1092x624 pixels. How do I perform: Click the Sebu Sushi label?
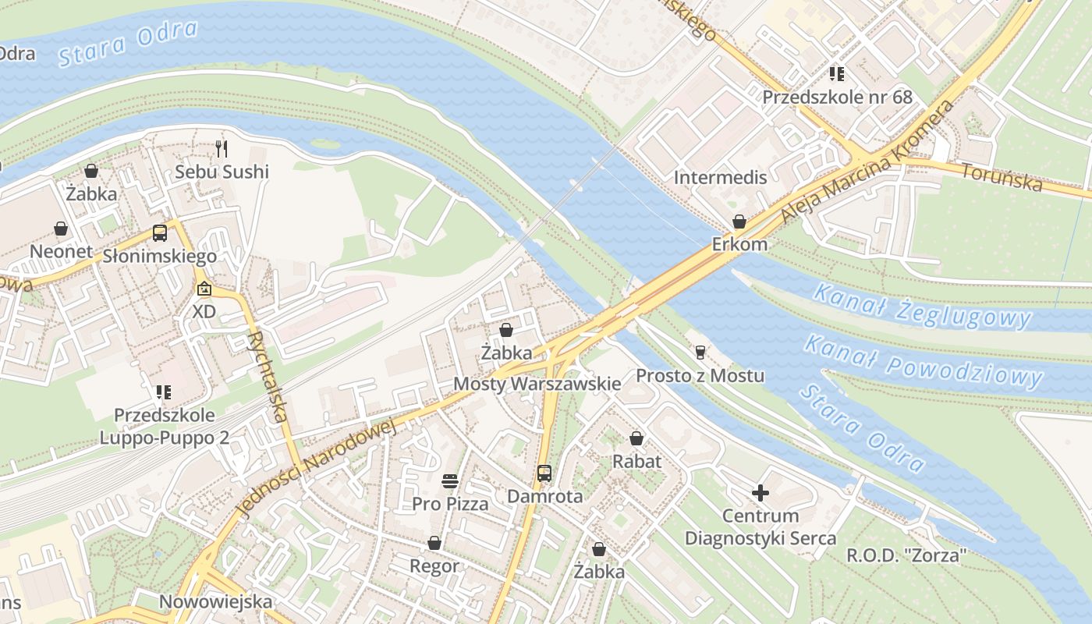pos(222,172)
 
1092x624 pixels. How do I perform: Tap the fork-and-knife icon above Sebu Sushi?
pos(222,148)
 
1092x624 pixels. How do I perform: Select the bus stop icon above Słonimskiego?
pos(160,232)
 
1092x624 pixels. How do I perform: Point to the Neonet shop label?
pos(61,251)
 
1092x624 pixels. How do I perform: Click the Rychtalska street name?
pos(267,377)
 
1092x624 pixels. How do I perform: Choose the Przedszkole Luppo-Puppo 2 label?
pos(164,426)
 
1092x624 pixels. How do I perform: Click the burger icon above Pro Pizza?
pos(450,480)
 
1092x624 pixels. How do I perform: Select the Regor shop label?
pos(434,565)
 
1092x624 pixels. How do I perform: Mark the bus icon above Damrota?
pos(544,473)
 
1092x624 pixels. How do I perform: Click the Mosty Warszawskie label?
pos(537,384)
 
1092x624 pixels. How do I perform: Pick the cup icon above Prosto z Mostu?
pos(700,353)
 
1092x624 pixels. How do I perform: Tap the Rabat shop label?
pos(636,461)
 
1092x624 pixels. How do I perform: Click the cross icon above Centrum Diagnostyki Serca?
pos(760,492)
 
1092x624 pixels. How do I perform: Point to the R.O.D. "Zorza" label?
pos(906,556)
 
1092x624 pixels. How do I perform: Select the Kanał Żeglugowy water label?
pos(922,306)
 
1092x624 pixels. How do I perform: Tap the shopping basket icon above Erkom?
pos(739,222)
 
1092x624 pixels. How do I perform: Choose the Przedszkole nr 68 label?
pos(837,97)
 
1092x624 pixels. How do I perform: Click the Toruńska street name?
pos(1002,177)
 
